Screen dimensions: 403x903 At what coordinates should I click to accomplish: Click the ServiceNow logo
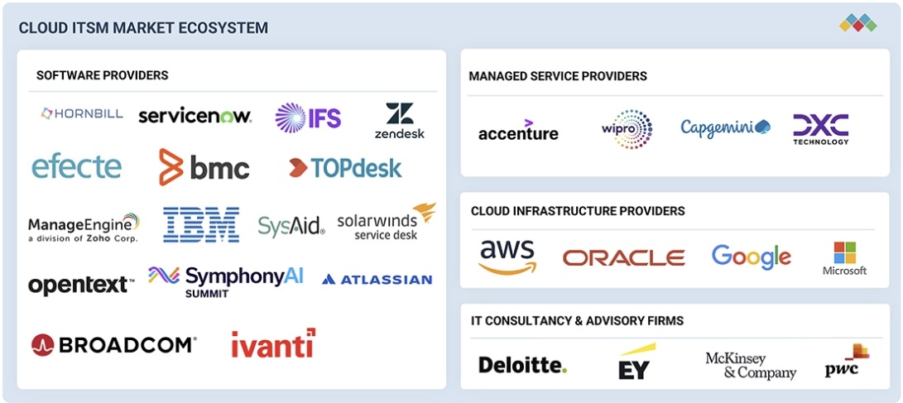[195, 116]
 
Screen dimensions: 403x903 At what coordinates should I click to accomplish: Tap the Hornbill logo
[81, 113]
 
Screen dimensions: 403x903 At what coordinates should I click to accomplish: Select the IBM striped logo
[201, 225]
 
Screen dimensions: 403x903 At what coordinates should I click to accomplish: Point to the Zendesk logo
[399, 121]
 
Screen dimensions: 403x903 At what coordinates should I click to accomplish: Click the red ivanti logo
[272, 343]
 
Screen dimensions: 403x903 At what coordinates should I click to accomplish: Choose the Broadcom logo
[114, 344]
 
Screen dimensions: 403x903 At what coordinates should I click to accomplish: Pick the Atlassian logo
[377, 280]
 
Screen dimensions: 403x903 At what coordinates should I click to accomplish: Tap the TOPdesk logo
[345, 168]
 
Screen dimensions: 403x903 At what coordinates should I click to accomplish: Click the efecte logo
[77, 166]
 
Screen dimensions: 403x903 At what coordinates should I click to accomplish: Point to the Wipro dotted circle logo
[627, 129]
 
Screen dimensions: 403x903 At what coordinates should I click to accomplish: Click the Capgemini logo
[725, 127]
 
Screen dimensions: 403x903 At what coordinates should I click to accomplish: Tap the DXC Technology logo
[820, 128]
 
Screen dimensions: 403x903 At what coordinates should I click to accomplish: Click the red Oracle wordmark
[623, 258]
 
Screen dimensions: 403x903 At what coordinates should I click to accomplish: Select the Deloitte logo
[522, 364]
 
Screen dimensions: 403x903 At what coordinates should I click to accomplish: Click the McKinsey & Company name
[750, 365]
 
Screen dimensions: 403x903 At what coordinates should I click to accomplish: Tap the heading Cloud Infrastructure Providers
[578, 211]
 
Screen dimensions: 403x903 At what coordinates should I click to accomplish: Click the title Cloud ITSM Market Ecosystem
[143, 28]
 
